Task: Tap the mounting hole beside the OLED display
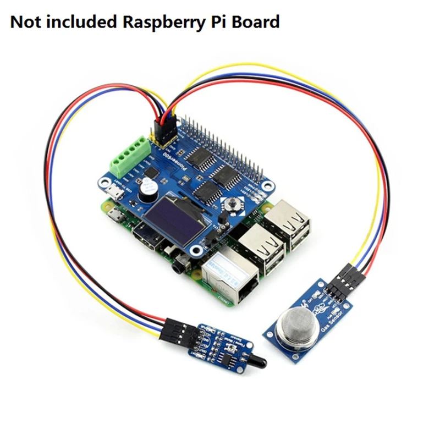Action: (195, 251)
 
